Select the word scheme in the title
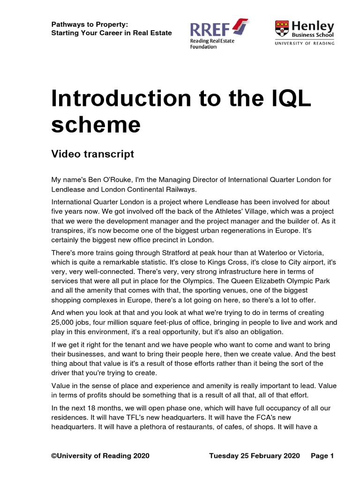tap(96, 124)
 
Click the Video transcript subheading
tap(92, 154)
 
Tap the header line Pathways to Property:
tap(89, 24)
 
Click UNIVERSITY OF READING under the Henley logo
tap(305, 43)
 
